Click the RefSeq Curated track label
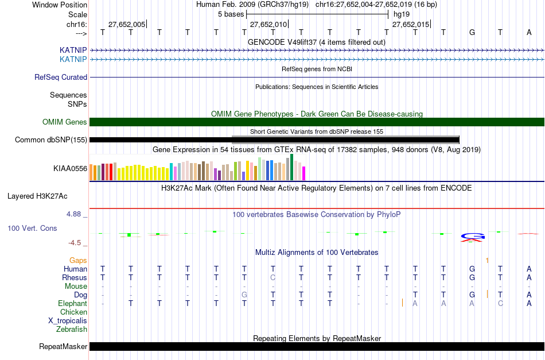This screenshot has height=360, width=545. (x=61, y=77)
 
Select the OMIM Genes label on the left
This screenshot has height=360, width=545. (x=65, y=122)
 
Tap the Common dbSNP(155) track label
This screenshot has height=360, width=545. (x=51, y=140)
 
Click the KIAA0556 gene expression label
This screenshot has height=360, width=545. (x=70, y=169)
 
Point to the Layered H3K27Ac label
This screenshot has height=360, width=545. (x=37, y=196)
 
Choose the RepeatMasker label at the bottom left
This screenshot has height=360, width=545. (x=63, y=346)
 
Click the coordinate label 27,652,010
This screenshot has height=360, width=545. (x=268, y=24)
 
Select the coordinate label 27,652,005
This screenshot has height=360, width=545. (x=127, y=24)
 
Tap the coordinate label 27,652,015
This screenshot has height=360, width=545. (x=410, y=24)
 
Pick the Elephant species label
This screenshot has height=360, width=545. (x=72, y=303)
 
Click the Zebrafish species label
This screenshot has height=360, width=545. (x=72, y=329)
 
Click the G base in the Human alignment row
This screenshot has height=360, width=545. (x=472, y=269)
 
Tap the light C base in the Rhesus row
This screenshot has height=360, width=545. (x=273, y=277)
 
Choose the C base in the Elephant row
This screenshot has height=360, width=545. (x=500, y=303)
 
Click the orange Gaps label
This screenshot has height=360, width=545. (x=78, y=260)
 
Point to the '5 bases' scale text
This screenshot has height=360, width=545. (x=231, y=14)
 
